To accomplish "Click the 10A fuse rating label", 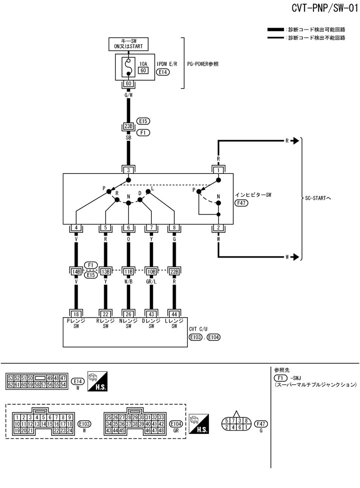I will (143, 63).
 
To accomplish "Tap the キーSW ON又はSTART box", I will (129, 44).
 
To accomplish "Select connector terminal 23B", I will (129, 126).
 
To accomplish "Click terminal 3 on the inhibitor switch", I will (129, 170).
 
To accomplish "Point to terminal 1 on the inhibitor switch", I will (218, 170).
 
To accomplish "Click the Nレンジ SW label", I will (129, 324).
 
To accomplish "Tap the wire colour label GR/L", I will (151, 282).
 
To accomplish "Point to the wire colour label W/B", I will (129, 282).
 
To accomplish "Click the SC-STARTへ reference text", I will (318, 198).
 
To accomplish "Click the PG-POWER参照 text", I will (202, 64).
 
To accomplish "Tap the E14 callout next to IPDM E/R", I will (163, 72).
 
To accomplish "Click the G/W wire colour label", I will (129, 94).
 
